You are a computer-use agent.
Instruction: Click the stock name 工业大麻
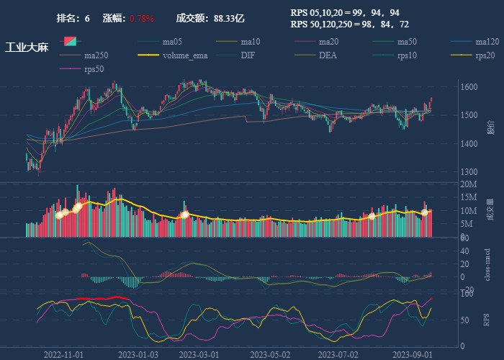pos(27,48)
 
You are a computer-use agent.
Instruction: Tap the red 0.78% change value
pos(142,18)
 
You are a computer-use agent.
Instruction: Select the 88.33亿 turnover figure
pos(229,18)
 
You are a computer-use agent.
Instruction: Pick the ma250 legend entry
pos(96,55)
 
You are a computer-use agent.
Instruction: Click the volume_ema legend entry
pos(185,55)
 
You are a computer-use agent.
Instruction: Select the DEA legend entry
pos(328,55)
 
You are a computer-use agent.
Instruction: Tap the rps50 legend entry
pos(94,68)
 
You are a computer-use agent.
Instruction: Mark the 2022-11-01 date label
pos(64,354)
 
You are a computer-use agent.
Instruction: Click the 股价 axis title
pos(490,128)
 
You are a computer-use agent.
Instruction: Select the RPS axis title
pos(487,319)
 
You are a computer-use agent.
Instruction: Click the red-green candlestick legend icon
pos(71,41)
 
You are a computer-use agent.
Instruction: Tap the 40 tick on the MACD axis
pos(464,251)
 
